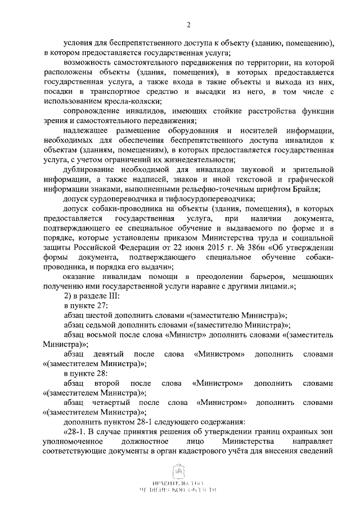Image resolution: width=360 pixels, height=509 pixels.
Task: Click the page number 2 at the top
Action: [189, 24]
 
